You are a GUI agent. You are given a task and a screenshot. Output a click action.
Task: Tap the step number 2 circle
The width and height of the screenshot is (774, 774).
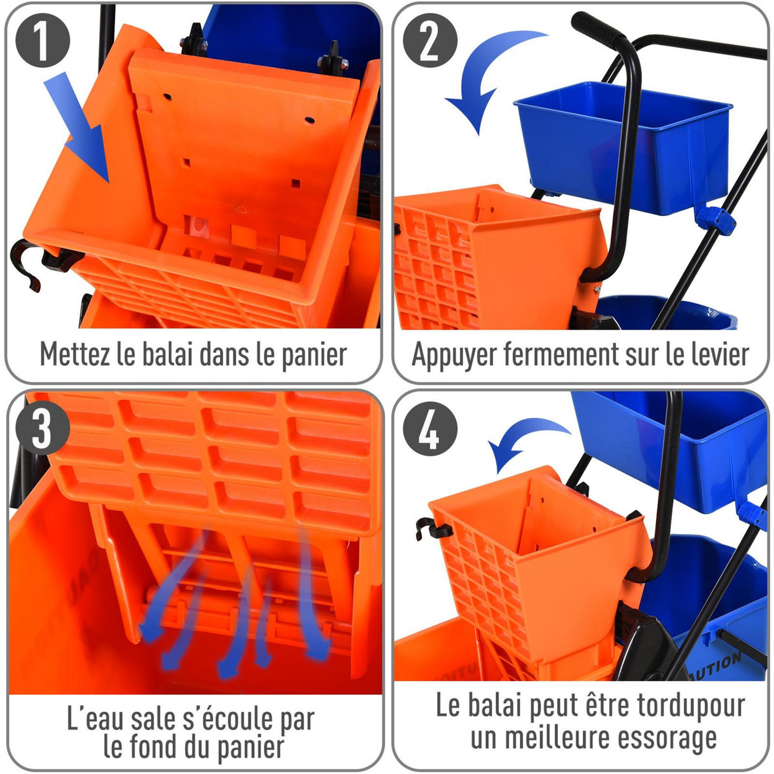430,41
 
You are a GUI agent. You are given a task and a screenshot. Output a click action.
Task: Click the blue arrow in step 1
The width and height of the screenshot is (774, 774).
84,129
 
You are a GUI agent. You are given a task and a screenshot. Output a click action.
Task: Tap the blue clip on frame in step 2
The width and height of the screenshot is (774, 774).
716,219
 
